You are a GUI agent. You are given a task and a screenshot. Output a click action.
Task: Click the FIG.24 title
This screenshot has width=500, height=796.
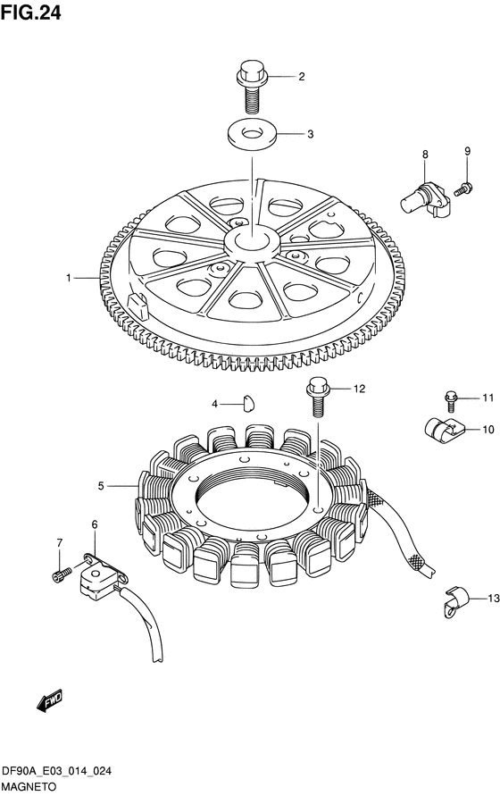31,13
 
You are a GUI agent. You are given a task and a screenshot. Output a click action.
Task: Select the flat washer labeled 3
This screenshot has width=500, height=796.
251,133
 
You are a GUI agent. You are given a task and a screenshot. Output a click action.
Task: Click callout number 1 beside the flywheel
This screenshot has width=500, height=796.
68,278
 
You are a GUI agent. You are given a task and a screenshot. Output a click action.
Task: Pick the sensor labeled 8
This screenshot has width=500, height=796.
424,196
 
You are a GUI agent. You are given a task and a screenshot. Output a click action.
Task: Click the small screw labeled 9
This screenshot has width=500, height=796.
463,189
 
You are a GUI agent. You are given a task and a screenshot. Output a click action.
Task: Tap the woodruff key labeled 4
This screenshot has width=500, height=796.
249,402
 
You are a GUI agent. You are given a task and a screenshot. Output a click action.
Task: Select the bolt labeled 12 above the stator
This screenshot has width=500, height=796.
318,397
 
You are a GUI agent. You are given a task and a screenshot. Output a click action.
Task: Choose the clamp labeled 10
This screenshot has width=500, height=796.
444,430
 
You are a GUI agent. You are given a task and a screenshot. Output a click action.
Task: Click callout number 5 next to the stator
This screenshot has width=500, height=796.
101,486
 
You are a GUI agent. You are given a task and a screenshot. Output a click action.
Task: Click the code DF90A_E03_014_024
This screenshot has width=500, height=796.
57,772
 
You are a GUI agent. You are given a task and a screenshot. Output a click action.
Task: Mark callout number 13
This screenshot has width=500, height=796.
494,599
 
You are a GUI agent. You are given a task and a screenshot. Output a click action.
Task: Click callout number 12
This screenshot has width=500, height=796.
359,389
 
